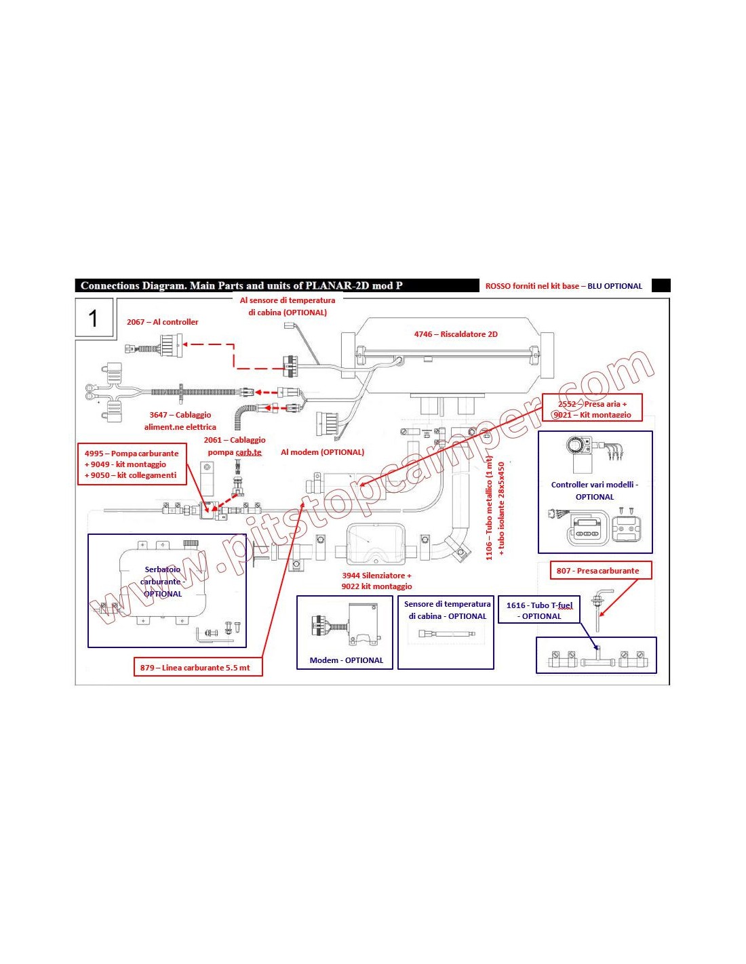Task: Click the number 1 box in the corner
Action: [94, 318]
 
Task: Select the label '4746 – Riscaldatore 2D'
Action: [456, 334]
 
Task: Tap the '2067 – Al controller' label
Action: [163, 322]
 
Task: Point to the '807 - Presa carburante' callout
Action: [597, 571]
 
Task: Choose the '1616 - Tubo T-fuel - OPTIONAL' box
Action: [539, 611]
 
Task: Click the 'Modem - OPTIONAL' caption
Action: [346, 660]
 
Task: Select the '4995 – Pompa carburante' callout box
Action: [132, 464]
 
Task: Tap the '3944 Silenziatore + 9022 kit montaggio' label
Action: [376, 581]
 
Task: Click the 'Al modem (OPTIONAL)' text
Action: [322, 452]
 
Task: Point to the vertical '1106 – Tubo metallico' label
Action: [489, 508]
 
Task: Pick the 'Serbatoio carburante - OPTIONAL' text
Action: [163, 582]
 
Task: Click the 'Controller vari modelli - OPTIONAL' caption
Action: [595, 491]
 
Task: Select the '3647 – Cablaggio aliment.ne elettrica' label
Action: [180, 421]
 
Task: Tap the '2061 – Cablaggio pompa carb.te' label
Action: [235, 446]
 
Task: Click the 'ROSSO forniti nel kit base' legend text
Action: [532, 286]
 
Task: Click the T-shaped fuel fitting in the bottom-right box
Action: [597, 656]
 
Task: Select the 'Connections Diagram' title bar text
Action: [241, 286]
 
